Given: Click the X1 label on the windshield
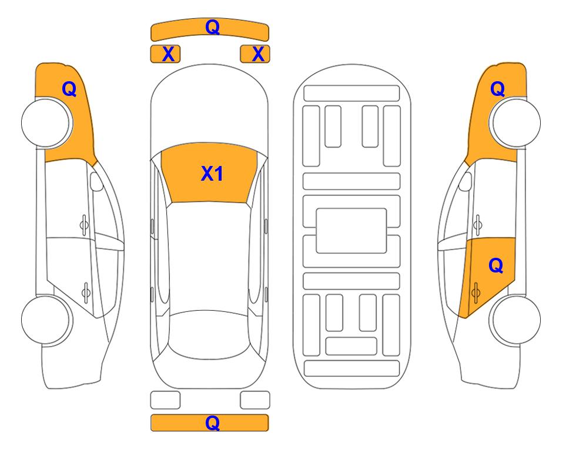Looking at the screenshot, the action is click(212, 174).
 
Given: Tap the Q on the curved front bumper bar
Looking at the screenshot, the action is click(213, 26).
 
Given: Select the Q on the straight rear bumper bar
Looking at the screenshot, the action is click(213, 423).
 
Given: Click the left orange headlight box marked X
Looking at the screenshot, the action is click(165, 54).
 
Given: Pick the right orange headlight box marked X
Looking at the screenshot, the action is click(255, 54).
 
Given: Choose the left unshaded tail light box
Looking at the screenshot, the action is click(165, 400).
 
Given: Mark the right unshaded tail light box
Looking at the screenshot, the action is click(255, 400).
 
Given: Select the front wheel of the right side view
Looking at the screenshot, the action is click(515, 123).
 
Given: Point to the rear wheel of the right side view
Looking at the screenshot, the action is click(515, 320).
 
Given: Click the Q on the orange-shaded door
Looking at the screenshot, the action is click(496, 266).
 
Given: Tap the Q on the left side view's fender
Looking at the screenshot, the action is click(69, 89).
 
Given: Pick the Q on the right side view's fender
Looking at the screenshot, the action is click(497, 89).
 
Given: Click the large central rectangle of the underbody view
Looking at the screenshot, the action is click(351, 231).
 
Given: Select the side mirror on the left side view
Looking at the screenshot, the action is click(96, 181).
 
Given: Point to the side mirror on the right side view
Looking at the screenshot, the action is click(465, 181).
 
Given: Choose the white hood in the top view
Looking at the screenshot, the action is click(209, 107).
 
